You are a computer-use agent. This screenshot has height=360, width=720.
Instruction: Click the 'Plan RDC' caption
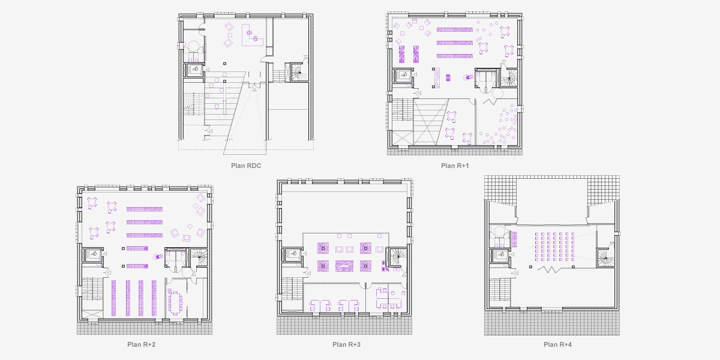click(246, 166)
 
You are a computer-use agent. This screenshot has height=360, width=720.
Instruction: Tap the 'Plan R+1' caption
click(454, 166)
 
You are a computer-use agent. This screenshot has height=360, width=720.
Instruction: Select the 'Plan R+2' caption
click(142, 344)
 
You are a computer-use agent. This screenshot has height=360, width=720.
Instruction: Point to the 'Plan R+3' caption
click(346, 344)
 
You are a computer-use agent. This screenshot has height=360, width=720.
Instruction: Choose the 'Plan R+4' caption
click(558, 344)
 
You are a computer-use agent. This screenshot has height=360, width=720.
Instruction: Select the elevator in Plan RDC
click(196, 70)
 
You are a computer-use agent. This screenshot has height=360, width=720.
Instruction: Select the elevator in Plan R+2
click(95, 255)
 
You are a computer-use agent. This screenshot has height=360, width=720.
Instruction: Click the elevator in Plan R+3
click(292, 254)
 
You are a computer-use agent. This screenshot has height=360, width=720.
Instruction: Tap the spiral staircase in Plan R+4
click(606, 259)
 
